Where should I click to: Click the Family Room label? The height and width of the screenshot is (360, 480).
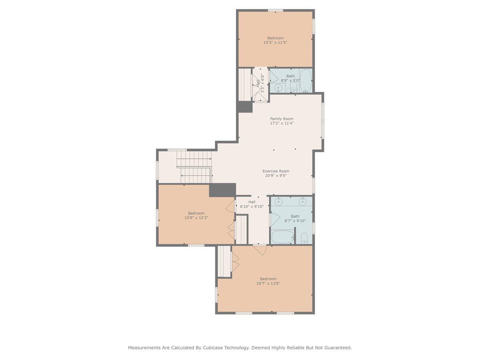[282, 119]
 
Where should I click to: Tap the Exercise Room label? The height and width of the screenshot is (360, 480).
[276, 171]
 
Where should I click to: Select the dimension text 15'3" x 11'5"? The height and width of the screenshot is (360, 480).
[275, 42]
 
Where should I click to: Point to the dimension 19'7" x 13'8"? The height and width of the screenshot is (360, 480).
[268, 283]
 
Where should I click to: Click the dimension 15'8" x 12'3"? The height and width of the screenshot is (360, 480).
[196, 218]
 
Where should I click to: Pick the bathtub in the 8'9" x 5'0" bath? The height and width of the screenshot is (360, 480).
[306, 81]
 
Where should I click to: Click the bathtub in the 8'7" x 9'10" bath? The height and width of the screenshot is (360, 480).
[282, 236]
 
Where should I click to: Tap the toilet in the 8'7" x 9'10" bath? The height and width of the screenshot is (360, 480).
[304, 238]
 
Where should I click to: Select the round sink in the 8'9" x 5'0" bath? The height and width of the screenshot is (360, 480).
[278, 88]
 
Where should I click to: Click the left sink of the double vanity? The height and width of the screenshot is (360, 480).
[278, 201]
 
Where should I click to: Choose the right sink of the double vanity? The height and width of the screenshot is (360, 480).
[302, 201]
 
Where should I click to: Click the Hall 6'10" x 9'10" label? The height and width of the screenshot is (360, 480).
[252, 204]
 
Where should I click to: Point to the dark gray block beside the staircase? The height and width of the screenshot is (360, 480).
[222, 190]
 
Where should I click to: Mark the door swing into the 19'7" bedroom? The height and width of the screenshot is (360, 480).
[260, 250]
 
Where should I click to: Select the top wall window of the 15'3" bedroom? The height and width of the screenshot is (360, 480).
[276, 10]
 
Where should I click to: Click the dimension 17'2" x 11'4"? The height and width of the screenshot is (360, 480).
[282, 123]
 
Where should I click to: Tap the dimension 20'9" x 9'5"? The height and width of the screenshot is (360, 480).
[276, 175]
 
